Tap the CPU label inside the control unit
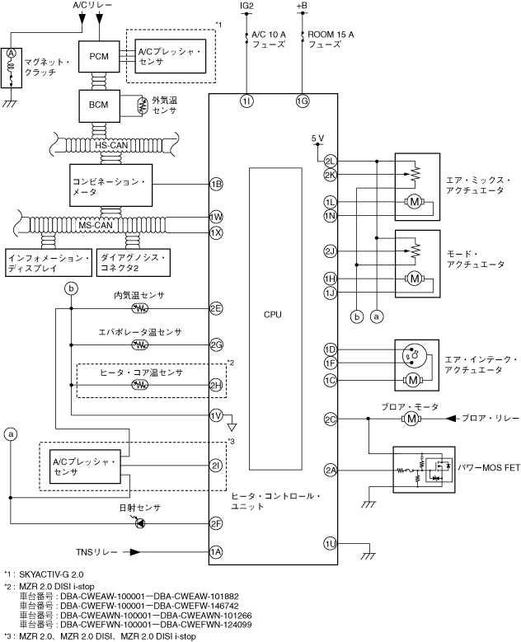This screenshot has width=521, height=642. [x=273, y=314]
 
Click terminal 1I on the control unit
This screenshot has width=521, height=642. [x=246, y=101]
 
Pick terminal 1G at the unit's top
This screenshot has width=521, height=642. [x=303, y=101]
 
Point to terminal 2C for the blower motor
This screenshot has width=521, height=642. [x=331, y=419]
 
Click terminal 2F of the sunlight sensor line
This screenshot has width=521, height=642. [x=216, y=523]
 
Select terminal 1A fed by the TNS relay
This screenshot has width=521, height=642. [x=216, y=551]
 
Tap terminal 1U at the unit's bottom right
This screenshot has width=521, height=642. [x=331, y=543]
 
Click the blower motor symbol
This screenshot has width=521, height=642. [x=410, y=419]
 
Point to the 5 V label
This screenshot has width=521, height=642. [x=318, y=138]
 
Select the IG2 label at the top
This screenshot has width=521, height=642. [x=246, y=7]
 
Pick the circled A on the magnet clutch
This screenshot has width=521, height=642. [x=12, y=52]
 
